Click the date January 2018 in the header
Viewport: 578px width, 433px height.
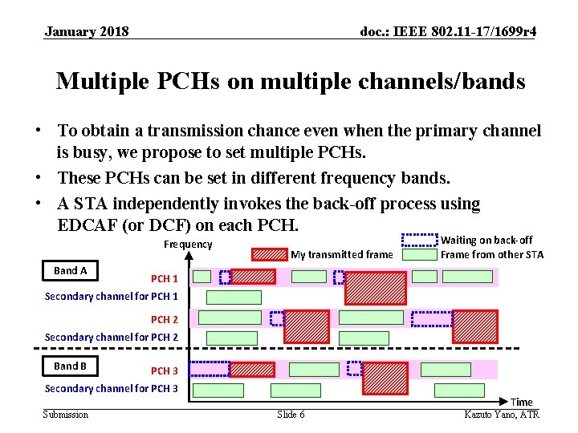(x=87, y=32)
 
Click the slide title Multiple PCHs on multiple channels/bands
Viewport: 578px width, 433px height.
(x=290, y=82)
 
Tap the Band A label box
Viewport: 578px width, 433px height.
(x=71, y=271)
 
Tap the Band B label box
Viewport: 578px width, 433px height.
(x=71, y=366)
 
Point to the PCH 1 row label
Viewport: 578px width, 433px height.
(x=165, y=279)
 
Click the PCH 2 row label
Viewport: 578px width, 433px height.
(x=165, y=320)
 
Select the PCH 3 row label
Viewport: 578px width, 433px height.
(x=165, y=371)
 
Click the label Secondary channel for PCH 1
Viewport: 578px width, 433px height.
(x=112, y=297)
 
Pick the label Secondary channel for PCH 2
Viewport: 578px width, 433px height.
(x=112, y=338)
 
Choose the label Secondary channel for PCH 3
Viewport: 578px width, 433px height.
(x=112, y=389)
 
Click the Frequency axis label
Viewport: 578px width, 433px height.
(x=188, y=245)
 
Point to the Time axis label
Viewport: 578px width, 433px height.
(x=521, y=402)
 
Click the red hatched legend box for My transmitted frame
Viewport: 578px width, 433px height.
(x=269, y=255)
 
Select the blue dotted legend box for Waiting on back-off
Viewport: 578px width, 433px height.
(x=419, y=239)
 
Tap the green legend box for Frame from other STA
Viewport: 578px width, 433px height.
(x=419, y=255)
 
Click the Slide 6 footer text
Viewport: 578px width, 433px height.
(x=291, y=415)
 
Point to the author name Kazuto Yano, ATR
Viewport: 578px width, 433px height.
(x=502, y=415)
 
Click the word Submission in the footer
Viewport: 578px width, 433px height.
(x=66, y=415)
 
